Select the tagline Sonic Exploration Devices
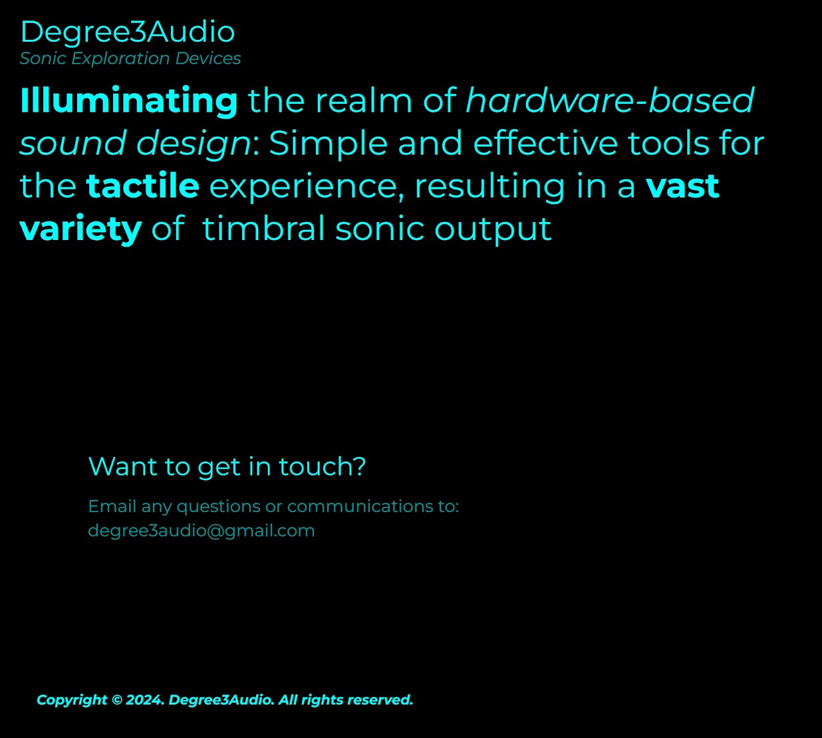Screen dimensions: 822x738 tap(130, 58)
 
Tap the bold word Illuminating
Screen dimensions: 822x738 tap(128, 101)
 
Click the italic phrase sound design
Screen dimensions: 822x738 tap(136, 144)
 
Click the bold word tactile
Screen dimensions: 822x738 tap(143, 185)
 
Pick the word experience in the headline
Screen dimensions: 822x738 tap(307, 187)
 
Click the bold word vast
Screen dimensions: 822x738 tap(683, 187)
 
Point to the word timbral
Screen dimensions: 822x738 tap(264, 228)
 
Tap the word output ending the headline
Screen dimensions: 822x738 tap(493, 230)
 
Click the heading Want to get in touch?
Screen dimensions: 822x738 tap(227, 467)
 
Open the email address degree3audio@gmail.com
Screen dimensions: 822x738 tap(201, 531)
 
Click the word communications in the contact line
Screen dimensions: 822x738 tap(360, 506)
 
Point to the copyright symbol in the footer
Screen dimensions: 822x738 tap(117, 700)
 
